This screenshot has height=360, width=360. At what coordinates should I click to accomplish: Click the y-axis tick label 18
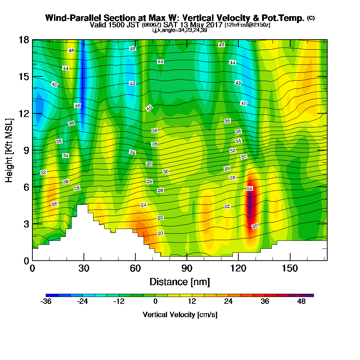[x=24, y=40]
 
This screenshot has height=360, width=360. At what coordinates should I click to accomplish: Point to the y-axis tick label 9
[x=26, y=150]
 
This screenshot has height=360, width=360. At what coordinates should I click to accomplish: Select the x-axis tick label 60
[x=135, y=269]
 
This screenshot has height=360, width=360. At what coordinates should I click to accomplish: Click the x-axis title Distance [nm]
[x=180, y=282]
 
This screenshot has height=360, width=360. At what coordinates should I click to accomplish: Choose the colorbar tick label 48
[x=302, y=302]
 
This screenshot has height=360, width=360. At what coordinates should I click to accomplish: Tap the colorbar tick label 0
[x=156, y=302]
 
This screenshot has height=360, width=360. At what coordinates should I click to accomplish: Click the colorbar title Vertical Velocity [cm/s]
[x=180, y=315]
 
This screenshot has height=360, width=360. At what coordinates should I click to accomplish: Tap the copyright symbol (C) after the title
[x=311, y=18]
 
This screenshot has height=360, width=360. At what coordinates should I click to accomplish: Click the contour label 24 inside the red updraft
[x=249, y=189]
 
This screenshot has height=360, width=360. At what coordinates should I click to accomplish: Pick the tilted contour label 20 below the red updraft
[x=255, y=226]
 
